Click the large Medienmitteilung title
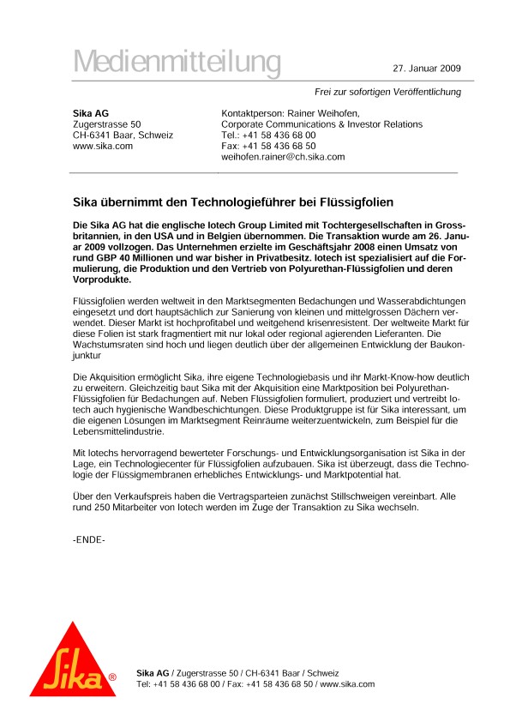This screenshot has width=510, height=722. (177, 63)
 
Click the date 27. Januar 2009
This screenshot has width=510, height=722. (427, 68)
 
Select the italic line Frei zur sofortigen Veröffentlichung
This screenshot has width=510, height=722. (388, 92)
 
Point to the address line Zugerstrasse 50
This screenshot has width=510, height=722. (106, 124)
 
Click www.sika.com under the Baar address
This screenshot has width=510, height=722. (102, 146)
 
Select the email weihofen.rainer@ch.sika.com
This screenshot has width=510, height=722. (283, 157)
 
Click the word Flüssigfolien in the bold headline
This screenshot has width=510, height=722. (356, 203)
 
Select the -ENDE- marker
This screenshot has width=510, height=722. (88, 540)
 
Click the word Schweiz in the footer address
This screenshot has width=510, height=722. (321, 673)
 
